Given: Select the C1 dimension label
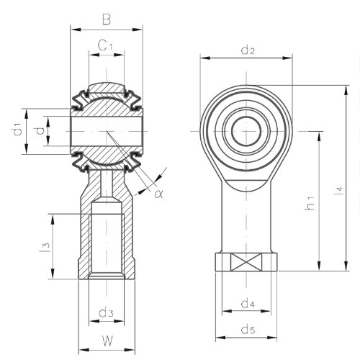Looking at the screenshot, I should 106,46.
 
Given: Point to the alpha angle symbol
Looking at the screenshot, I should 159,193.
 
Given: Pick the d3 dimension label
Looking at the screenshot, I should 106,312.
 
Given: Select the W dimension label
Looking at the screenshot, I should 106,341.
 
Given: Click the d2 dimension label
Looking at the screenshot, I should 248,50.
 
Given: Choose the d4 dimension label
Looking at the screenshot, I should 248,303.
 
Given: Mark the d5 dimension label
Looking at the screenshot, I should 248,330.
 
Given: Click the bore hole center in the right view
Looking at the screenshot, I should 247,131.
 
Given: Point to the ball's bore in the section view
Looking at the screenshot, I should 105,132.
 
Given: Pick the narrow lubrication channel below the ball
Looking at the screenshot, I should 106,184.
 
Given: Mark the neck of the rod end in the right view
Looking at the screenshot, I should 247,209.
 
